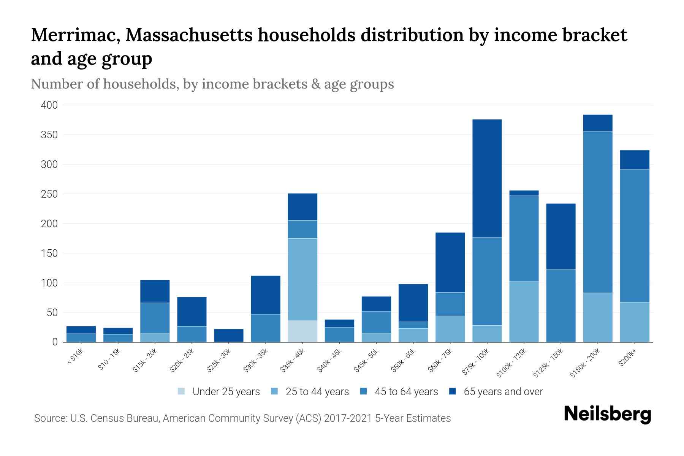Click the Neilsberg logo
(607, 415)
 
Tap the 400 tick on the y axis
(49, 105)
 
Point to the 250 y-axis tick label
(49, 194)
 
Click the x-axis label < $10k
(75, 357)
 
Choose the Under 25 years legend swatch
(182, 391)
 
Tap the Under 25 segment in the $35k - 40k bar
(302, 331)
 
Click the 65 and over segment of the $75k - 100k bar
(487, 178)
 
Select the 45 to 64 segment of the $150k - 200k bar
(598, 212)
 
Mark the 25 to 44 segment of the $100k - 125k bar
(524, 312)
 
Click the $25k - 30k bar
(229, 335)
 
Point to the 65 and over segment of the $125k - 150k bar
(561, 236)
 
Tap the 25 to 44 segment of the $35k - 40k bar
(302, 279)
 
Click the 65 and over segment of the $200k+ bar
(635, 160)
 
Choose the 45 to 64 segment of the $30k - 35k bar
(266, 328)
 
